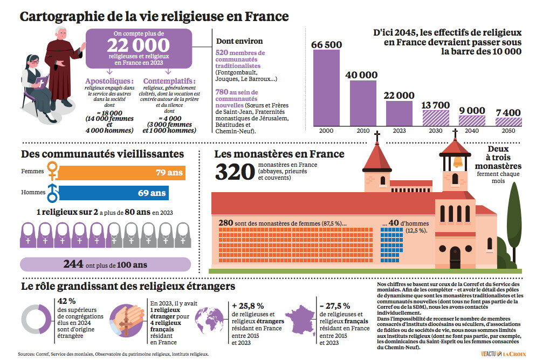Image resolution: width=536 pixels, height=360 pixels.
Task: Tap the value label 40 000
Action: click(x=361, y=75)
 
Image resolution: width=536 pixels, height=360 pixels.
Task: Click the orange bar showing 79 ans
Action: click(x=121, y=173)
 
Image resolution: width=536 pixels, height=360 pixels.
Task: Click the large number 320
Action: click(x=235, y=172)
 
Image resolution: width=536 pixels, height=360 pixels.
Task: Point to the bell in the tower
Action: click(x=457, y=161)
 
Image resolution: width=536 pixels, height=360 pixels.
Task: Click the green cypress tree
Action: click(x=515, y=216)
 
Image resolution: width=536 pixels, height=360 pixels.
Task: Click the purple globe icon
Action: click(x=211, y=320)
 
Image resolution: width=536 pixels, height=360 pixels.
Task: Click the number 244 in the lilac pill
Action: click(x=73, y=264)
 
